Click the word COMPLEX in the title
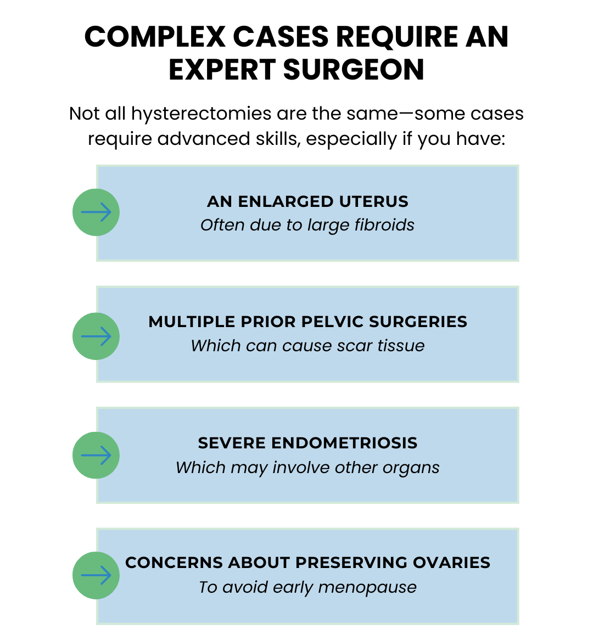(x=155, y=37)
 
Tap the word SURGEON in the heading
(x=354, y=70)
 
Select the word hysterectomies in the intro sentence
(x=201, y=114)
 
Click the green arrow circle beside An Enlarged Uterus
(x=96, y=212)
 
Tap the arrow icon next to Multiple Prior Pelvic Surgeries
(x=96, y=336)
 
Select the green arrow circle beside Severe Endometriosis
(x=96, y=455)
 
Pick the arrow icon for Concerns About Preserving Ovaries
(x=96, y=575)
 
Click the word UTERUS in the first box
(x=373, y=201)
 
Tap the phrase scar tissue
(x=381, y=346)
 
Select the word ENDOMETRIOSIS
(x=344, y=443)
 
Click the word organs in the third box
(x=411, y=468)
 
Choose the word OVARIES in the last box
(x=451, y=563)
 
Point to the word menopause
(x=367, y=588)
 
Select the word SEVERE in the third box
(x=232, y=443)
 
